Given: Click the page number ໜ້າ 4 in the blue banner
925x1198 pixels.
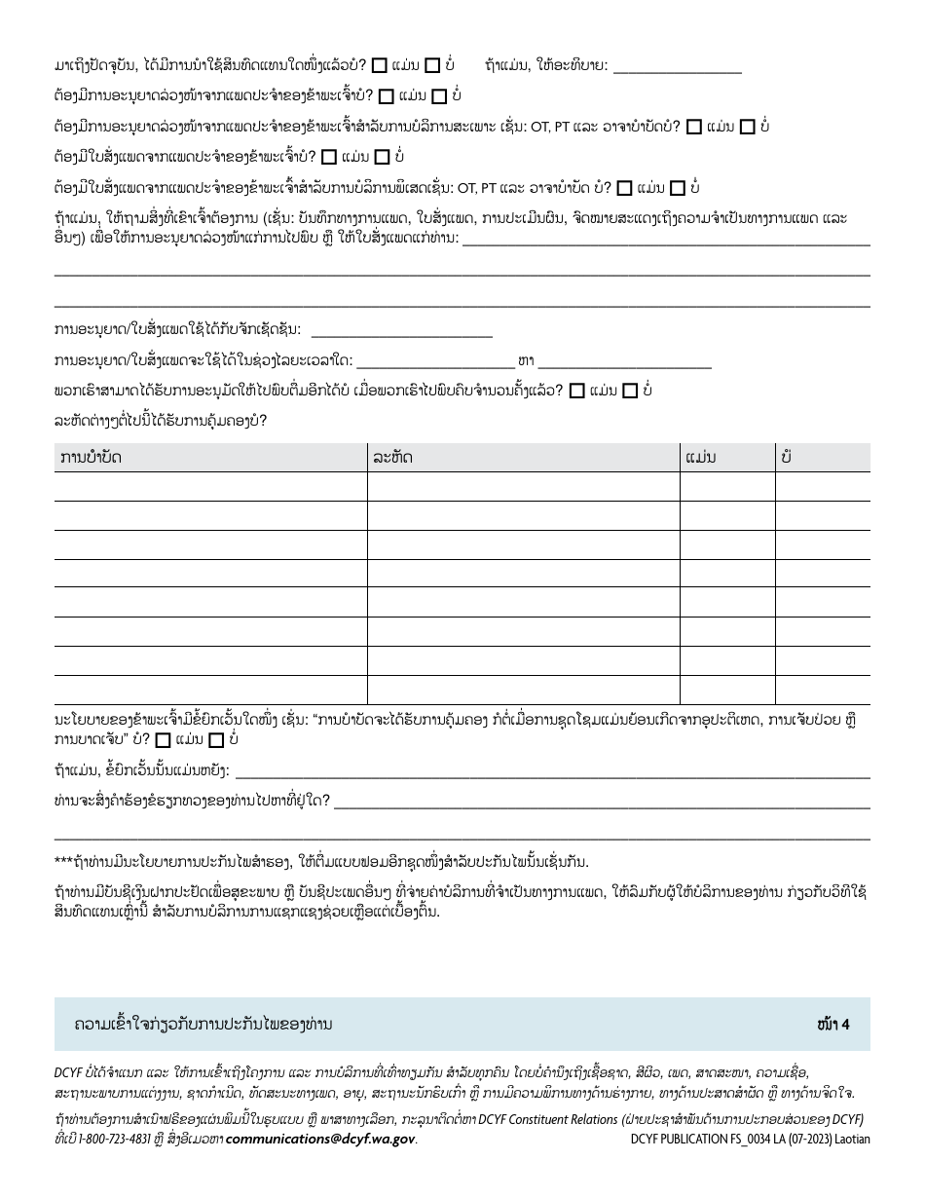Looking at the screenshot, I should click(x=834, y=1024).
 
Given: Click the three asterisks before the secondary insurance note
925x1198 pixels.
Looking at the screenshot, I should click(x=63, y=861).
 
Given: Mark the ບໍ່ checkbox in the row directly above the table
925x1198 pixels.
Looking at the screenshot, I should click(x=630, y=392).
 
